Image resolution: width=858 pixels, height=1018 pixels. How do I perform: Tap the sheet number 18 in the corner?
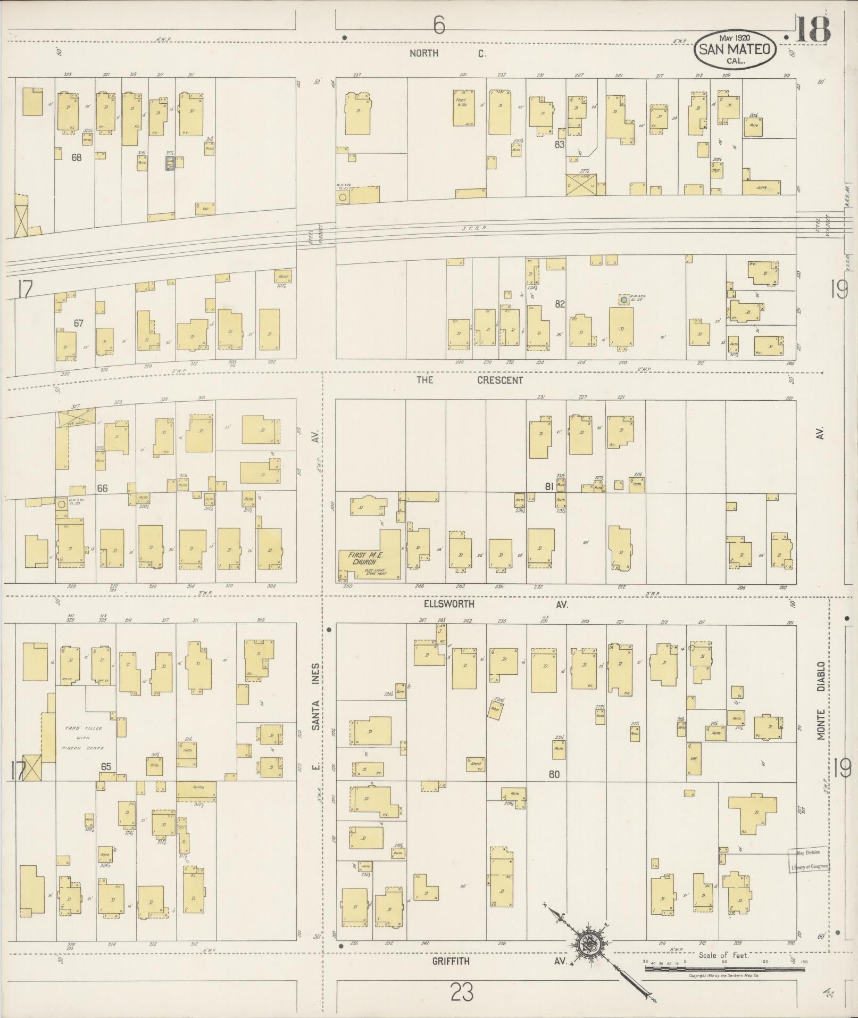(x=812, y=30)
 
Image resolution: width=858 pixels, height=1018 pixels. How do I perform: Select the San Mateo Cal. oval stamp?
(x=734, y=49)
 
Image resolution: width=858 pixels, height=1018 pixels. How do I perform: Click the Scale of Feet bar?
(x=723, y=969)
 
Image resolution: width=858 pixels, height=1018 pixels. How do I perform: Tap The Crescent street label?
(x=469, y=380)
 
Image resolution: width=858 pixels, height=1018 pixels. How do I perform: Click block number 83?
(x=559, y=144)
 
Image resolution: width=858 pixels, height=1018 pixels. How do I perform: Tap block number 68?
(x=77, y=158)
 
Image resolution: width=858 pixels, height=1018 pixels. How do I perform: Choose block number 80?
(x=554, y=774)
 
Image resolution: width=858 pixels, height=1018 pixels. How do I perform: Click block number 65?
(x=106, y=766)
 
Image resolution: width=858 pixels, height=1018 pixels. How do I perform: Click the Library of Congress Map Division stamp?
(x=809, y=859)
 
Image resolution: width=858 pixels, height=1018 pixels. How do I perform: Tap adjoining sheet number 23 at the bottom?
(x=462, y=992)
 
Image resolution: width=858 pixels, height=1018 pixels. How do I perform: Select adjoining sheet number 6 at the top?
(x=438, y=25)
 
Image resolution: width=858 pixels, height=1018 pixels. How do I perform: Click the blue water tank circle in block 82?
(x=623, y=300)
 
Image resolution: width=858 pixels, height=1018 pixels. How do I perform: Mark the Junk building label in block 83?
(x=762, y=187)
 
